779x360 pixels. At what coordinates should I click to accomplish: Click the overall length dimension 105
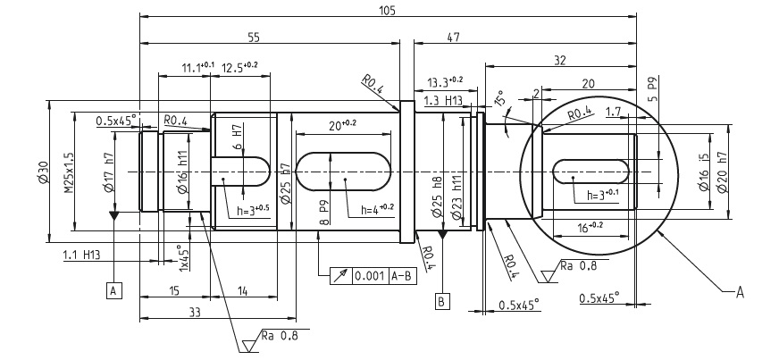(387, 10)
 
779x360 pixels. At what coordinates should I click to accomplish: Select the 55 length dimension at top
(253, 38)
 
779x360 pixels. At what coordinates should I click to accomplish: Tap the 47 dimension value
(453, 38)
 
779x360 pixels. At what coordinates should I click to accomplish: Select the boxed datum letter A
(113, 289)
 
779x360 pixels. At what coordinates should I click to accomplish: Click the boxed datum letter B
(441, 300)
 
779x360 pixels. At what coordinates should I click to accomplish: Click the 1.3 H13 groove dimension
(443, 100)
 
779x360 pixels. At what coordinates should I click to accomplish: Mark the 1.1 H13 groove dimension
(81, 255)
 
